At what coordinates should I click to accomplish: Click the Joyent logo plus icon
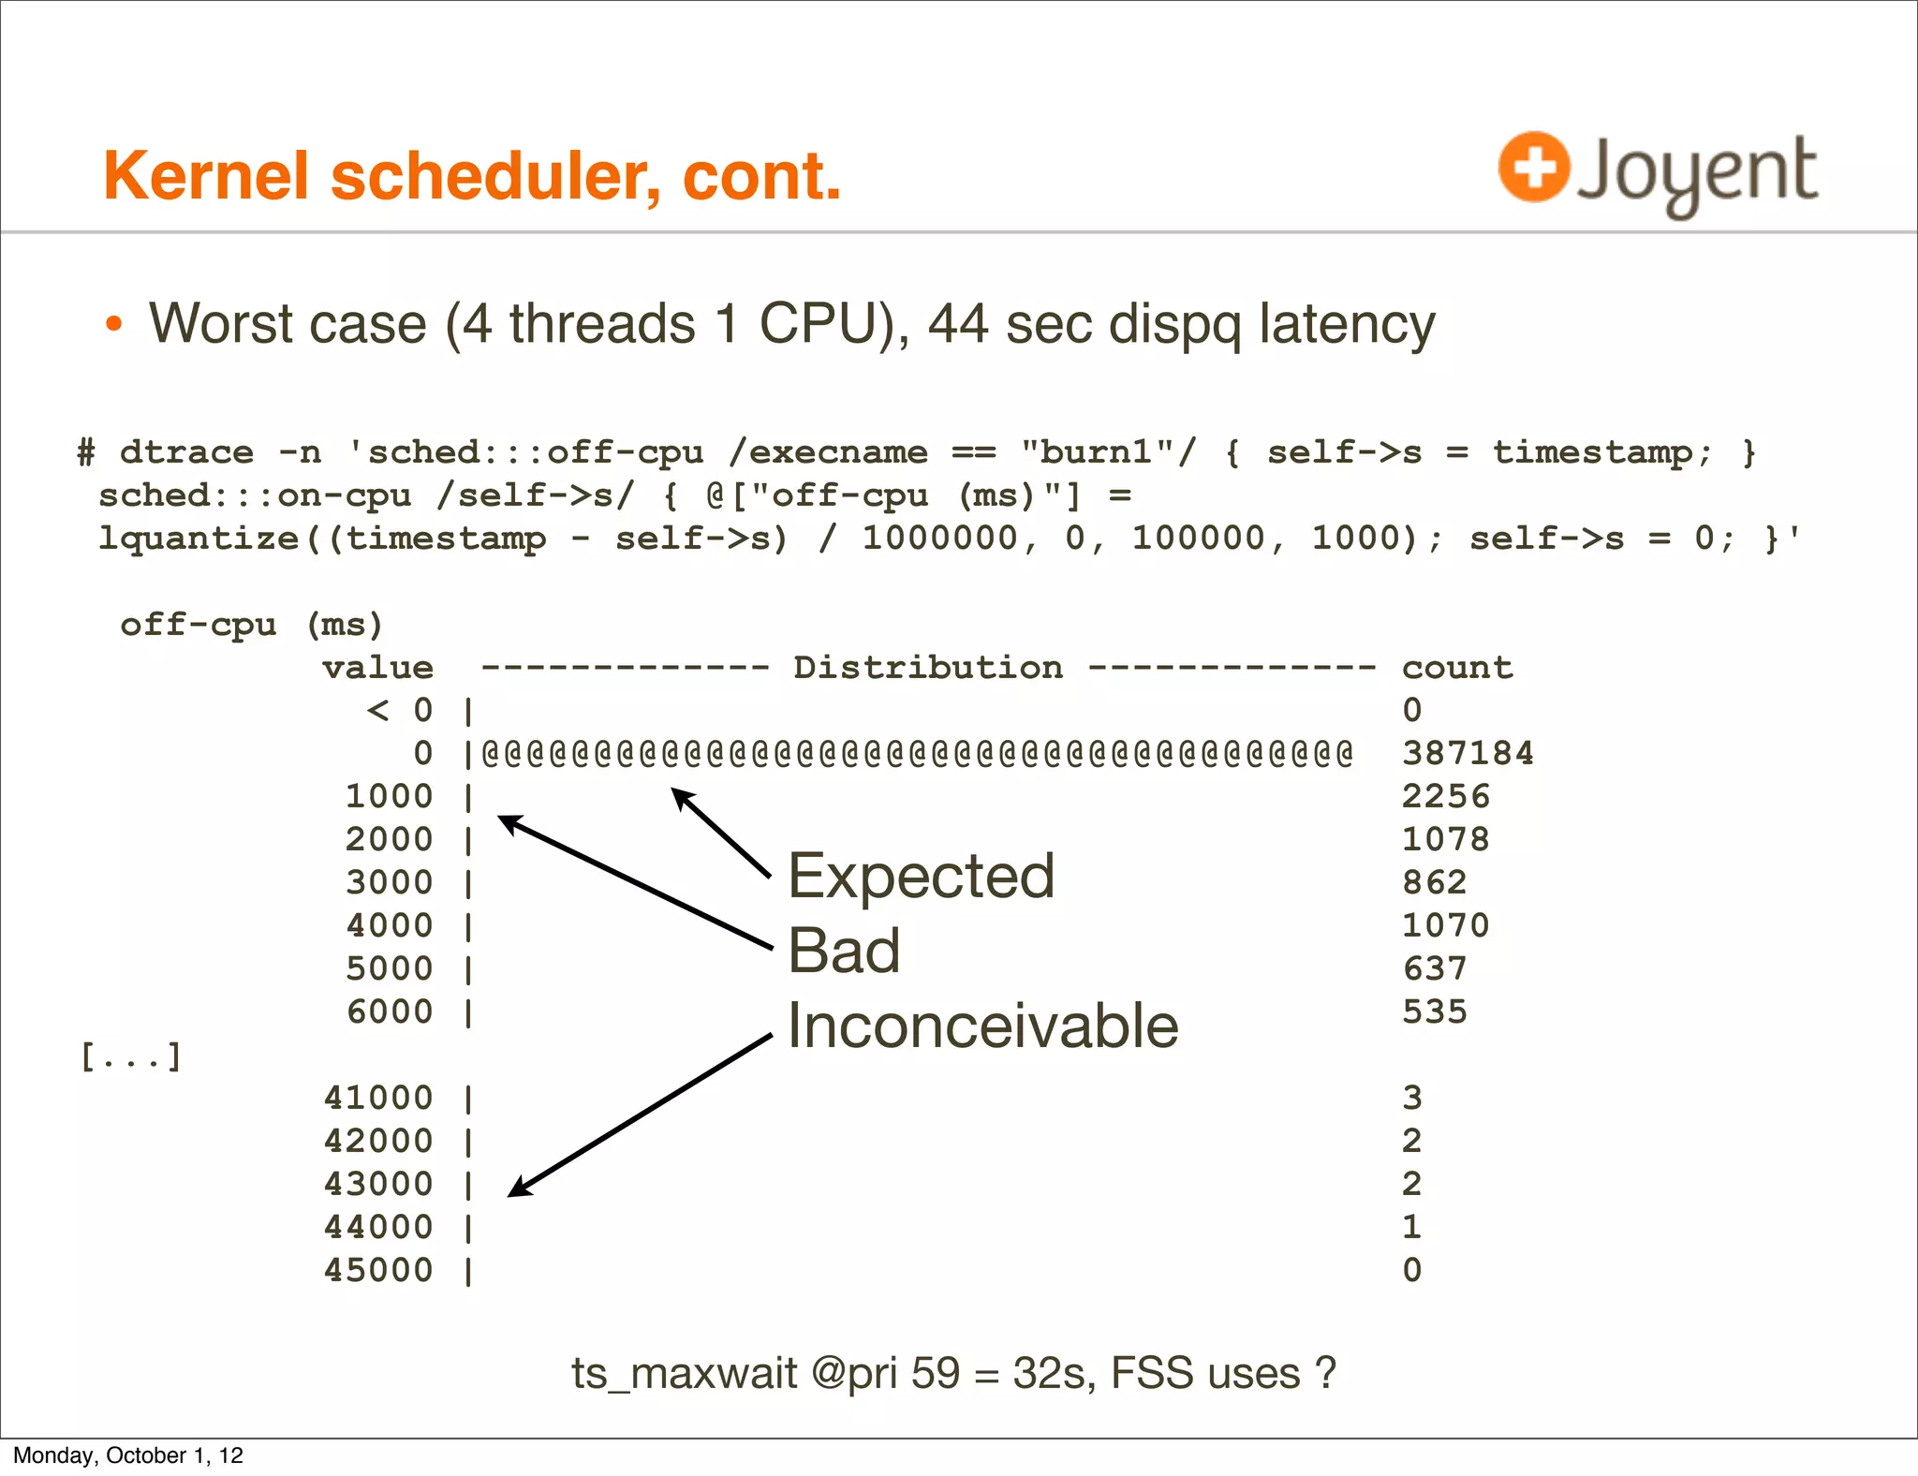pos(1533,167)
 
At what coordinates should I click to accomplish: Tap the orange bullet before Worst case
pos(114,324)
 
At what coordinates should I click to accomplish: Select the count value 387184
pos(1468,753)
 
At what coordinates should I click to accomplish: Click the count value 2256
pos(1445,796)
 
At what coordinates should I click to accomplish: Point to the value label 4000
pos(390,925)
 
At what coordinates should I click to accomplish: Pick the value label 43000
pos(378,1184)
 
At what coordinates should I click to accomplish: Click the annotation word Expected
pos(922,877)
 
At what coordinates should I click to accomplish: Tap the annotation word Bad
pos(844,951)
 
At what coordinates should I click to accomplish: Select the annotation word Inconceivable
pos(982,1026)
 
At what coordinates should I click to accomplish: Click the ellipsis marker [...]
pos(131,1057)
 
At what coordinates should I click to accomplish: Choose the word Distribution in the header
pos(928,668)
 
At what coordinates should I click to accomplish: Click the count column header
pos(1457,668)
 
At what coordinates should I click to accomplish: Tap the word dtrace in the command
pos(186,452)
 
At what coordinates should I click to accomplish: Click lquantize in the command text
pos(199,539)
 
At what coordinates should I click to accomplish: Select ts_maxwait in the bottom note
pos(684,1374)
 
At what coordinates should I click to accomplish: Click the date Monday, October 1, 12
pos(128,1455)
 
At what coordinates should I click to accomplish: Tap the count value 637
pos(1434,968)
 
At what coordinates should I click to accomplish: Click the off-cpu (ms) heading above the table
pos(251,625)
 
